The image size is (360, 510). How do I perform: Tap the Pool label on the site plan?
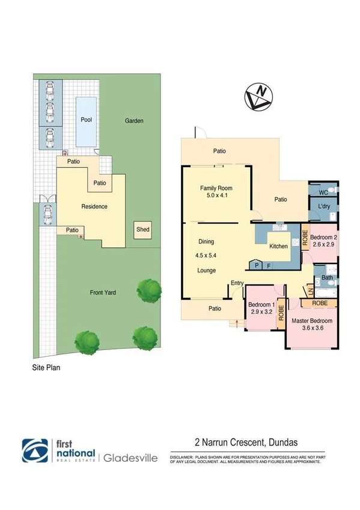click(x=87, y=120)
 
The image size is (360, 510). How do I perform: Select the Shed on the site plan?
click(x=143, y=230)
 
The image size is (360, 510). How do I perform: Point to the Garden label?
click(x=134, y=121)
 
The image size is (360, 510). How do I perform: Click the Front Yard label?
click(x=103, y=293)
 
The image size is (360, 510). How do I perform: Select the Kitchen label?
click(x=278, y=247)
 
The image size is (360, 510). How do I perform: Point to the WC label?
click(x=323, y=192)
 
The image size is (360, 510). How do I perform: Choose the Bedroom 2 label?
click(x=323, y=238)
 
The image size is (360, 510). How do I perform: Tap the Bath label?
click(x=326, y=278)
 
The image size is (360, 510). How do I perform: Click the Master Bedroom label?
click(x=312, y=321)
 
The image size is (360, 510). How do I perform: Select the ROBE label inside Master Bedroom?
click(x=320, y=304)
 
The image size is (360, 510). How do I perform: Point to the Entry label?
click(x=237, y=283)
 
